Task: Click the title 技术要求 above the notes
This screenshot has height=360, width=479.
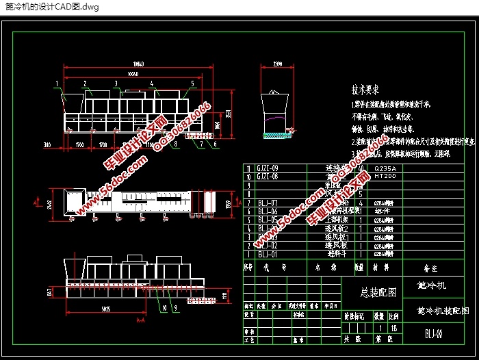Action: coord(365,90)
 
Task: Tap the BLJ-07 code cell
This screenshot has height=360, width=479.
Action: coord(268,203)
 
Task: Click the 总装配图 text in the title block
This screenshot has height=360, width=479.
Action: coord(378,292)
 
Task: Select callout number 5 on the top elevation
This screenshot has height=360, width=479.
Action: coord(192,83)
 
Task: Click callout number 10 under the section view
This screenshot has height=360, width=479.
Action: coord(165,309)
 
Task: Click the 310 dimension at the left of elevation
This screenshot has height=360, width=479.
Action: coord(47,145)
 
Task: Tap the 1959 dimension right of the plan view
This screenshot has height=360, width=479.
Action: coord(226,203)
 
